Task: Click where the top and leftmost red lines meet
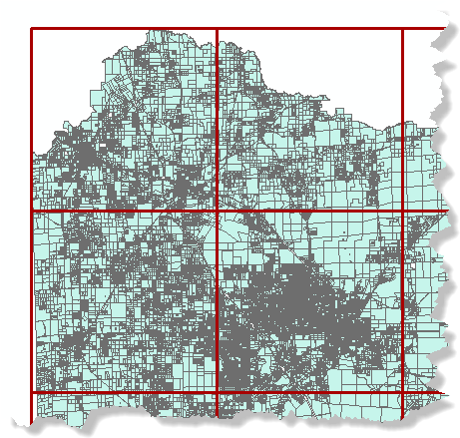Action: tap(32, 28)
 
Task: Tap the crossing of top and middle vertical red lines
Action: tap(217, 28)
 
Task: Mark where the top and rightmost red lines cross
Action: tap(402, 28)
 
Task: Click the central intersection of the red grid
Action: tap(217, 212)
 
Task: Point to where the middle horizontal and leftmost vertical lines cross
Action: tap(32, 212)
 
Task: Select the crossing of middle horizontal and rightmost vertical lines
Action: tap(402, 212)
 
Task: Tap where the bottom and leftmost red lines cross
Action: tap(32, 392)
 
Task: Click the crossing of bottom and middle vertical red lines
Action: tap(217, 392)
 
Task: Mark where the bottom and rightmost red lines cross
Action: tap(402, 392)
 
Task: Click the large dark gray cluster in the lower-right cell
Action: tap(299, 299)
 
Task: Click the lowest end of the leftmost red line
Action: tap(32, 417)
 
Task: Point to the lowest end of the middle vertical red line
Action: tap(217, 417)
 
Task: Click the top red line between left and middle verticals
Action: tap(125, 28)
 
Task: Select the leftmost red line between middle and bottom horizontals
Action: tap(32, 299)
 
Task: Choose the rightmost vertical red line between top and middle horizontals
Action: tap(402, 120)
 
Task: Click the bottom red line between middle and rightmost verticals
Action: tap(309, 392)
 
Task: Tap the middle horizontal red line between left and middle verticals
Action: tap(125, 212)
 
